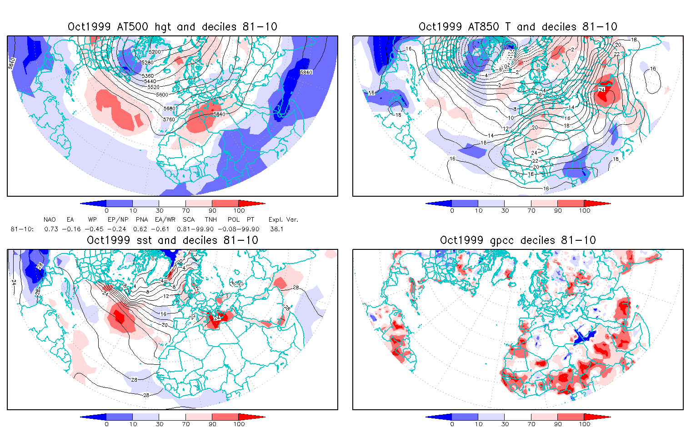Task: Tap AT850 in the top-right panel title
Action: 486,27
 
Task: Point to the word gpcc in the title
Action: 506,240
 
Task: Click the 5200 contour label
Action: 155,52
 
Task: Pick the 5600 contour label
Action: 162,95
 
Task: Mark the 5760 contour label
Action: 169,119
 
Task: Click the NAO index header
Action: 50,219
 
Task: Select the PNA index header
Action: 142,219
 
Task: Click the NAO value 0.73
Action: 51,229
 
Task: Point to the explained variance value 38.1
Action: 277,229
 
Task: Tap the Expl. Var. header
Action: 283,219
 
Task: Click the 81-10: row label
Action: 22,229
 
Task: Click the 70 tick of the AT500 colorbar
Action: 186,210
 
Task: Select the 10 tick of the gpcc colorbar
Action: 478,424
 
